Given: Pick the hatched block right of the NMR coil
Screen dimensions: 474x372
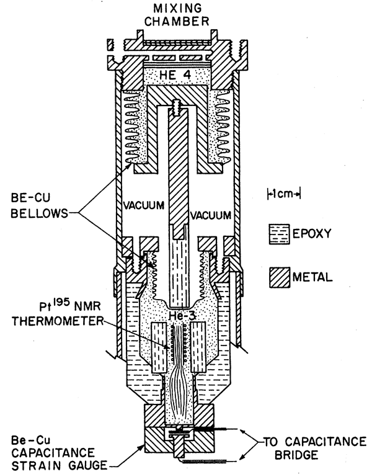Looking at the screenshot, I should click(198, 347).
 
